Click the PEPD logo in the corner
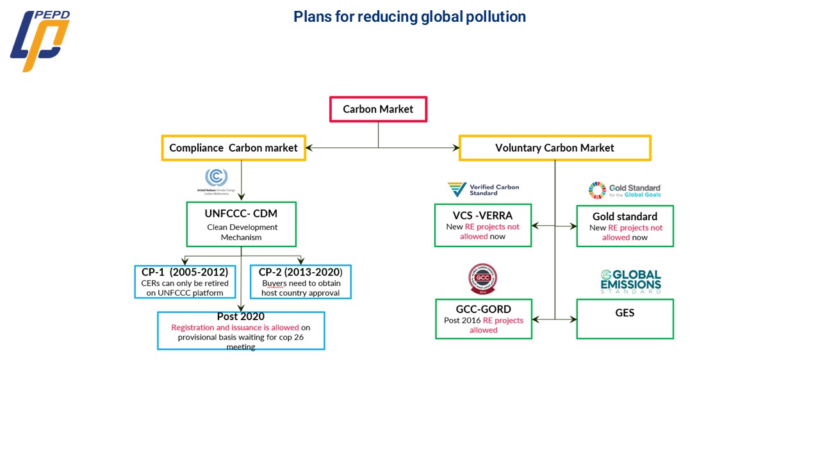click(x=40, y=40)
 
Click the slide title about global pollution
click(x=409, y=17)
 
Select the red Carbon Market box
click(x=378, y=109)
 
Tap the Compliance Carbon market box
click(x=233, y=148)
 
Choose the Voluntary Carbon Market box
click(x=555, y=148)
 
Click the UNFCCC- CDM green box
click(x=241, y=224)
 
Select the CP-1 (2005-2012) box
click(x=184, y=282)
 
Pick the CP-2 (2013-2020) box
click(x=300, y=282)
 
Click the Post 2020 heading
click(x=241, y=316)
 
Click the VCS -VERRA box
click(x=483, y=225)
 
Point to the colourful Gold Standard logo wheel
click(x=597, y=190)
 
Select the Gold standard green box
click(x=625, y=226)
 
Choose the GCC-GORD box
click(x=483, y=319)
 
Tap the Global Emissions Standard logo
click(x=630, y=282)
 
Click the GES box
click(x=625, y=319)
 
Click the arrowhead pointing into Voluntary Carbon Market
click(x=455, y=148)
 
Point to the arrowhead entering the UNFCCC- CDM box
click(x=241, y=199)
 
